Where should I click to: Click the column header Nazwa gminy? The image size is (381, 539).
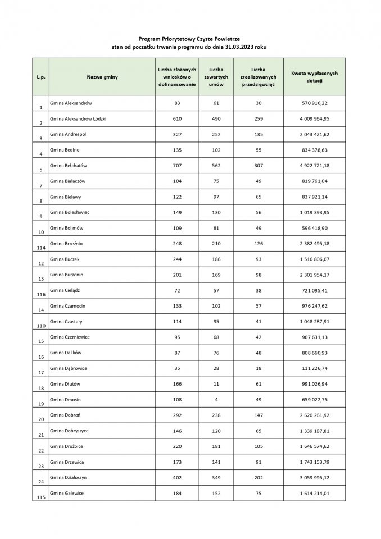click(x=102, y=76)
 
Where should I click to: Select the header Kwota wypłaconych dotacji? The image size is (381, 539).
click(x=314, y=76)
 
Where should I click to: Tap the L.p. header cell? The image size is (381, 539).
click(x=41, y=76)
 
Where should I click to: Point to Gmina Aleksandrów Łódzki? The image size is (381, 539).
click(x=82, y=119)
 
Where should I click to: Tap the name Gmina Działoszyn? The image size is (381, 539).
click(x=71, y=477)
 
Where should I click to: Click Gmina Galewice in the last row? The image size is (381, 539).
click(x=69, y=492)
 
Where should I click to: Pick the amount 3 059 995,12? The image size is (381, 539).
click(x=314, y=477)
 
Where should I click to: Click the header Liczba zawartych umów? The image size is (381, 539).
click(x=216, y=76)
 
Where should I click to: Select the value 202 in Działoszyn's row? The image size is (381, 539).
click(x=258, y=477)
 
